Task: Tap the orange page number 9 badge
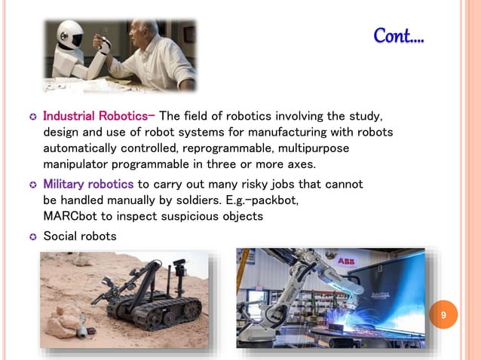click(x=444, y=315)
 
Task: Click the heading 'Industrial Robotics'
click(x=97, y=117)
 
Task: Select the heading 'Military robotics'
click(x=88, y=185)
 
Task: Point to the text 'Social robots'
click(x=79, y=236)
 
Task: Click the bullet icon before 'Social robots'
click(x=32, y=237)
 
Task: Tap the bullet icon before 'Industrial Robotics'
click(x=32, y=117)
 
